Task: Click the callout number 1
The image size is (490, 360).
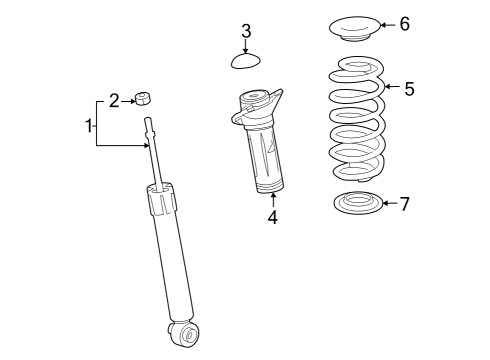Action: click(88, 126)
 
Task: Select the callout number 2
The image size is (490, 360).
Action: click(114, 100)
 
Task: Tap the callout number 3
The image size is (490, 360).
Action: click(246, 31)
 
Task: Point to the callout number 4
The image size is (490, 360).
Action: click(272, 217)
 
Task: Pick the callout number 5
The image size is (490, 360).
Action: click(408, 89)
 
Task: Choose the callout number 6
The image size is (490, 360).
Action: click(404, 24)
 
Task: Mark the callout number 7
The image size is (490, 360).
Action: click(404, 204)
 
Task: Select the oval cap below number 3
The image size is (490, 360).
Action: click(245, 62)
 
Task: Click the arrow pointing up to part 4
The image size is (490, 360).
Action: click(272, 199)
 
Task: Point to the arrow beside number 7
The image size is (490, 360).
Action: click(388, 204)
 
